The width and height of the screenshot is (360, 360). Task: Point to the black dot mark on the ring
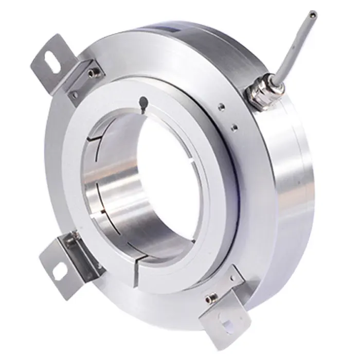pyautogui.click(x=143, y=102)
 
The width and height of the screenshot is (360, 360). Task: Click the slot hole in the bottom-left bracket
pyautogui.click(x=58, y=268)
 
